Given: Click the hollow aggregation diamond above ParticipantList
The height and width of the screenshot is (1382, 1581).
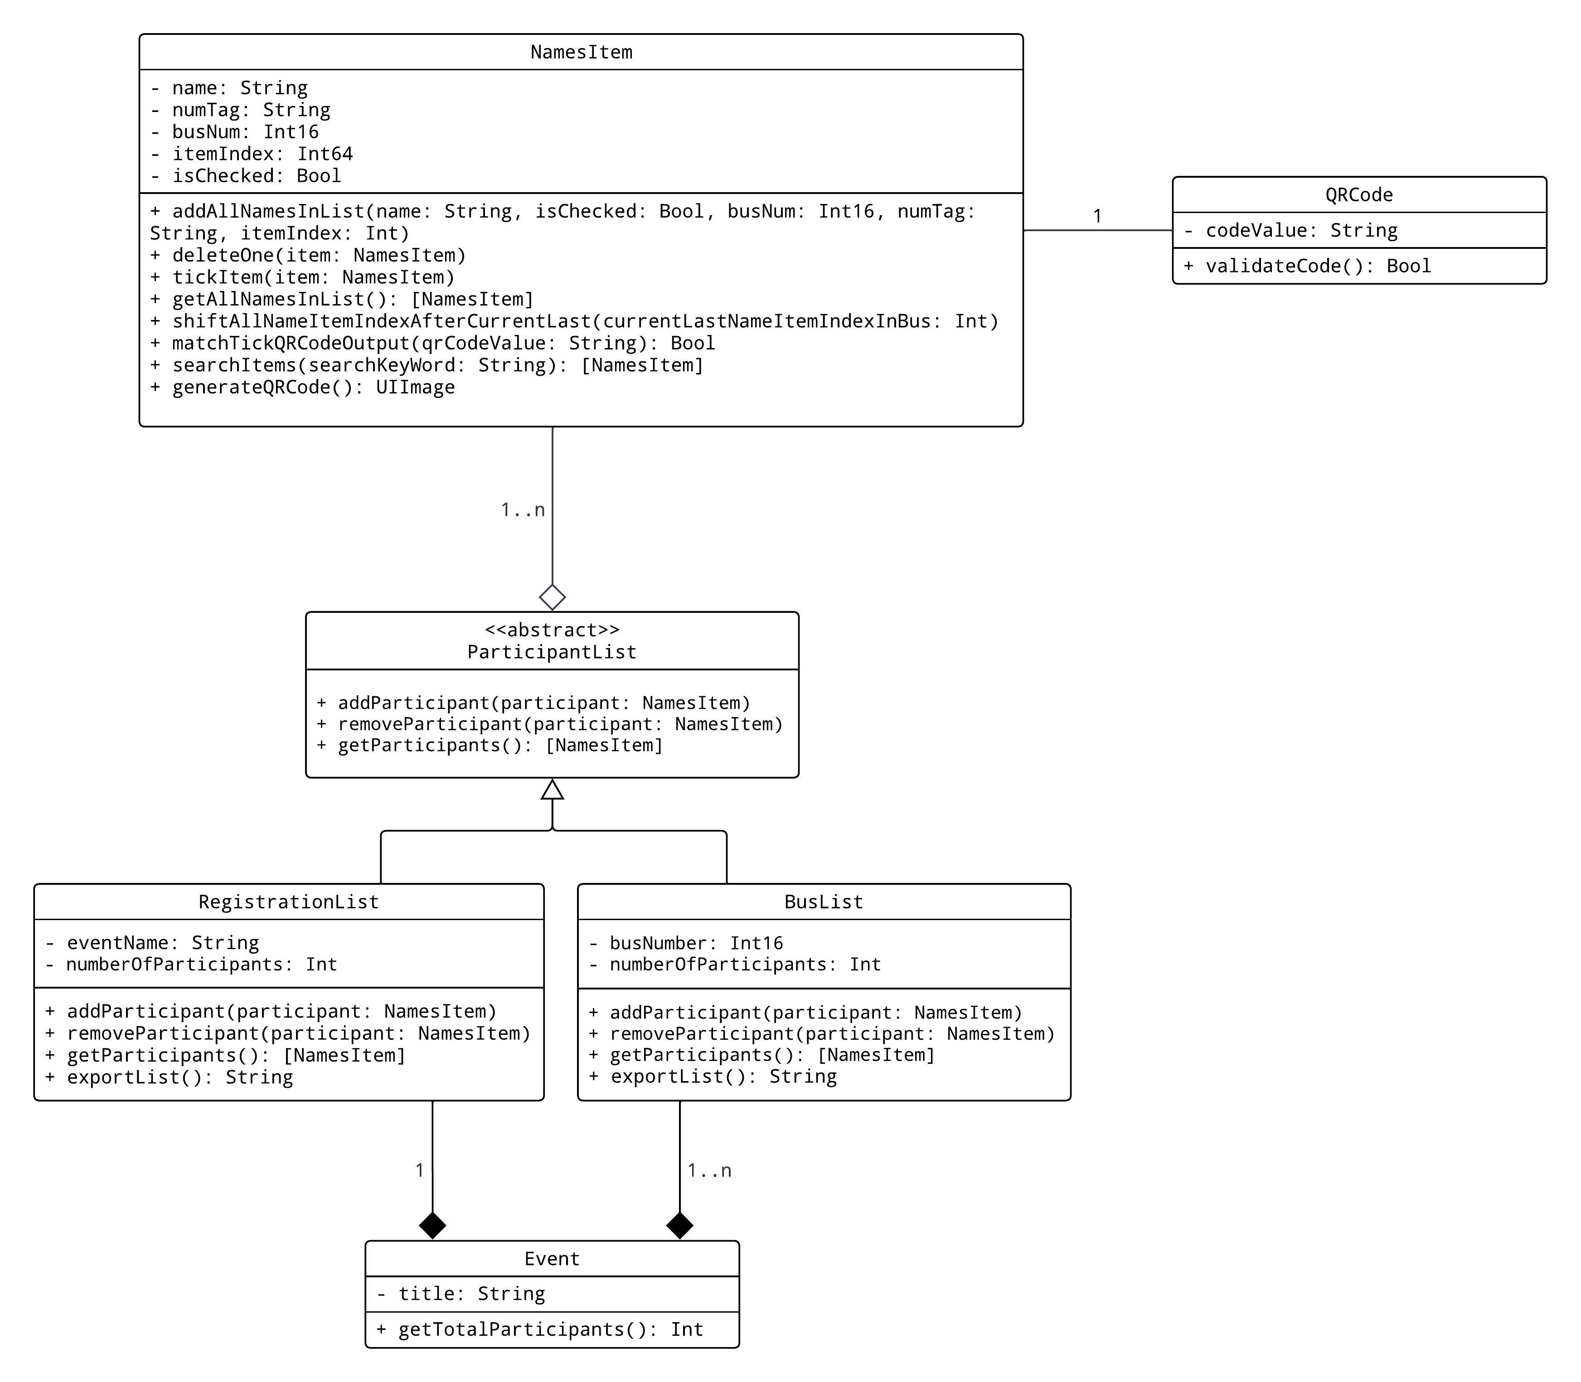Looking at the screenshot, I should pyautogui.click(x=552, y=597).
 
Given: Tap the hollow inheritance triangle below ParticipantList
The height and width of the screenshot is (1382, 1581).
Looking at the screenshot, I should pyautogui.click(x=552, y=790).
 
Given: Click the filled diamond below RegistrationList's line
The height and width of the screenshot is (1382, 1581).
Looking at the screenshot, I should pyautogui.click(x=433, y=1226).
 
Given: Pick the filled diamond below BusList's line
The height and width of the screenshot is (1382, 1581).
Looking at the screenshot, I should pyautogui.click(x=679, y=1226).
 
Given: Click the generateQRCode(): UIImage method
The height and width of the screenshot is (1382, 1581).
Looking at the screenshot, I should pyautogui.click(x=302, y=387).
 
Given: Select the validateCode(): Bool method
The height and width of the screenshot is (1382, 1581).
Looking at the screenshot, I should pyautogui.click(x=1307, y=266).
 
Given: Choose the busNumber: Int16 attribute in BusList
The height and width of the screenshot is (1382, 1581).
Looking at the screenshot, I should pyautogui.click(x=686, y=943).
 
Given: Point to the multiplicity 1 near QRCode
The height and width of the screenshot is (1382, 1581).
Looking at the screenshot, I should pyautogui.click(x=1097, y=216).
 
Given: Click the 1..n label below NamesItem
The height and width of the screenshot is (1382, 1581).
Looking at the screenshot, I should pyautogui.click(x=523, y=510).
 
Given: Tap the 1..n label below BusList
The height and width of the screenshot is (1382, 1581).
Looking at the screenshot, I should pyautogui.click(x=709, y=1171).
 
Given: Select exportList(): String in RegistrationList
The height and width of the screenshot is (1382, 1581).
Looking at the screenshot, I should pyautogui.click(x=169, y=1077).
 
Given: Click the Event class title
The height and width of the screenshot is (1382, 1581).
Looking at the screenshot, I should pyautogui.click(x=552, y=1259).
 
